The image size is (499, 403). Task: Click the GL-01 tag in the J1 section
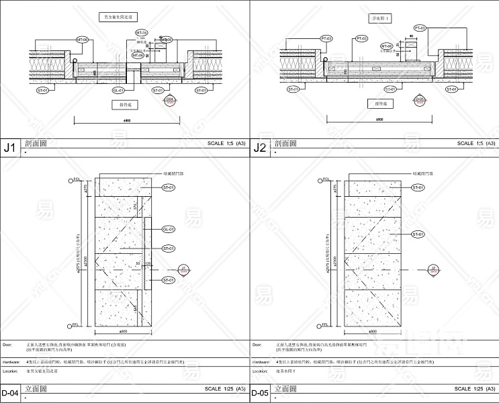119,89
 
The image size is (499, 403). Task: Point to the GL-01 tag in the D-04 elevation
169,229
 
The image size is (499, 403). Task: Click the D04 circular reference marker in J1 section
170,101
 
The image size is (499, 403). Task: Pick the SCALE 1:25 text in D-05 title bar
475,389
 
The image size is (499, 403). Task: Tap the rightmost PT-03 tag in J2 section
420,28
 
